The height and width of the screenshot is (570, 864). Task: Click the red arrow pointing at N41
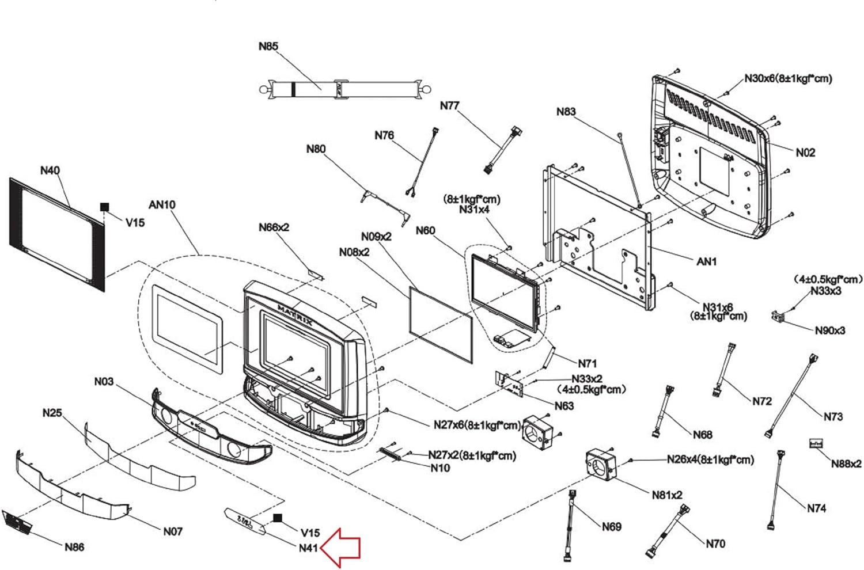[340, 548]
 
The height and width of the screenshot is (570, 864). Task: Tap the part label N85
[268, 46]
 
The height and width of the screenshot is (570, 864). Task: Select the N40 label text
[50, 170]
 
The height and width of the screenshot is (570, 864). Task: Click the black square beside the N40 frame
[104, 207]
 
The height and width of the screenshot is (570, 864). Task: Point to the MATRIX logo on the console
[295, 315]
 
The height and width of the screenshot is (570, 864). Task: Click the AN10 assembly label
[162, 204]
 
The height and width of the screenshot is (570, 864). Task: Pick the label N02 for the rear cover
[805, 153]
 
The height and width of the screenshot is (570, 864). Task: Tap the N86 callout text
[74, 547]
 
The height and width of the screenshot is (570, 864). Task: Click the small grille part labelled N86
[17, 522]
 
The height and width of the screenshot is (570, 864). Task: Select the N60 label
[425, 230]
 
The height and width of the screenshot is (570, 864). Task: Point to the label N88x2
[846, 463]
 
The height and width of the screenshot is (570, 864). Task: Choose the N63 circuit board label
[564, 406]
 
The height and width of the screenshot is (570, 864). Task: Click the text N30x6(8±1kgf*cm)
[788, 78]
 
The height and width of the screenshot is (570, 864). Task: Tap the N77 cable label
[449, 105]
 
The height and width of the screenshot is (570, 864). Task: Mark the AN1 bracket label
[706, 261]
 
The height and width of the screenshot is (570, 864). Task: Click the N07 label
[173, 531]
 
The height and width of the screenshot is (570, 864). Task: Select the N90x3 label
[830, 330]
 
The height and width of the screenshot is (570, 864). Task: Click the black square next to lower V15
[277, 518]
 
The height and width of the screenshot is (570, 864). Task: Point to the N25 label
[52, 413]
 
